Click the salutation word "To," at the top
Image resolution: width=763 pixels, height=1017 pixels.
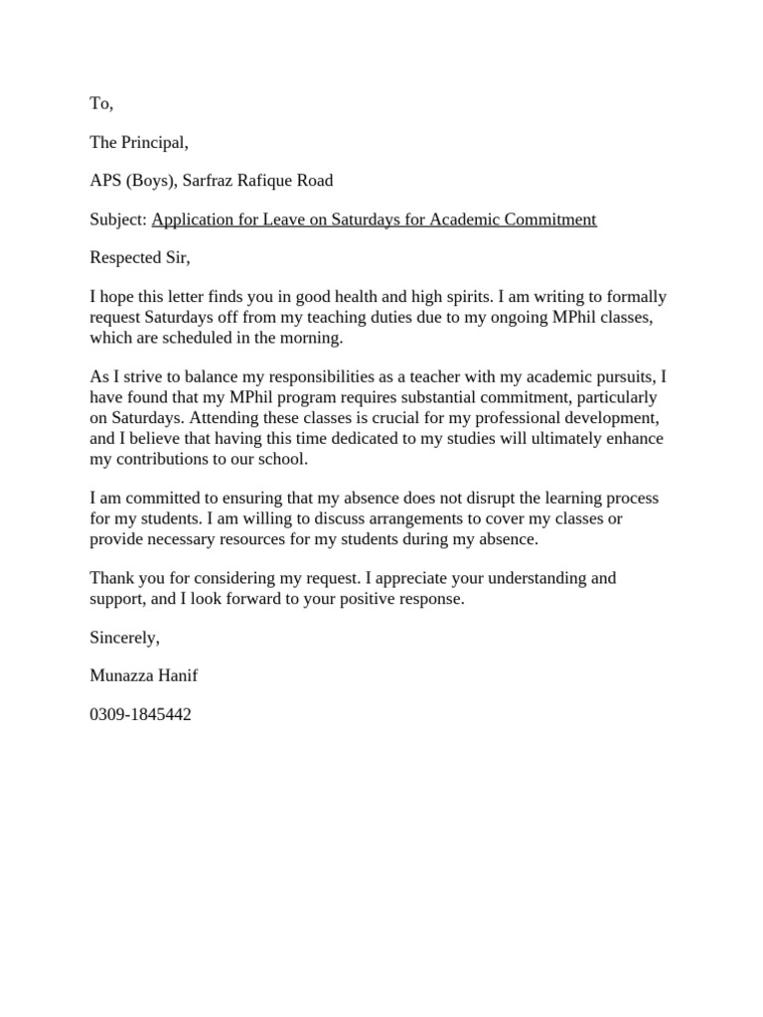pyautogui.click(x=101, y=104)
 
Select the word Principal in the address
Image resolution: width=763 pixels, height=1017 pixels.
pyautogui.click(x=153, y=142)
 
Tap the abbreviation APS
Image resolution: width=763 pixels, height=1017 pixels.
pyautogui.click(x=105, y=181)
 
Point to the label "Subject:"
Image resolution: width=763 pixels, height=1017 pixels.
pyautogui.click(x=118, y=219)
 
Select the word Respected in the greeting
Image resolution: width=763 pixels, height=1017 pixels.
pyautogui.click(x=124, y=258)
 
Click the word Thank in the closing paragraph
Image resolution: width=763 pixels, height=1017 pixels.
pyautogui.click(x=111, y=578)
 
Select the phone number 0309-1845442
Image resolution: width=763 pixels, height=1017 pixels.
pyautogui.click(x=140, y=714)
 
